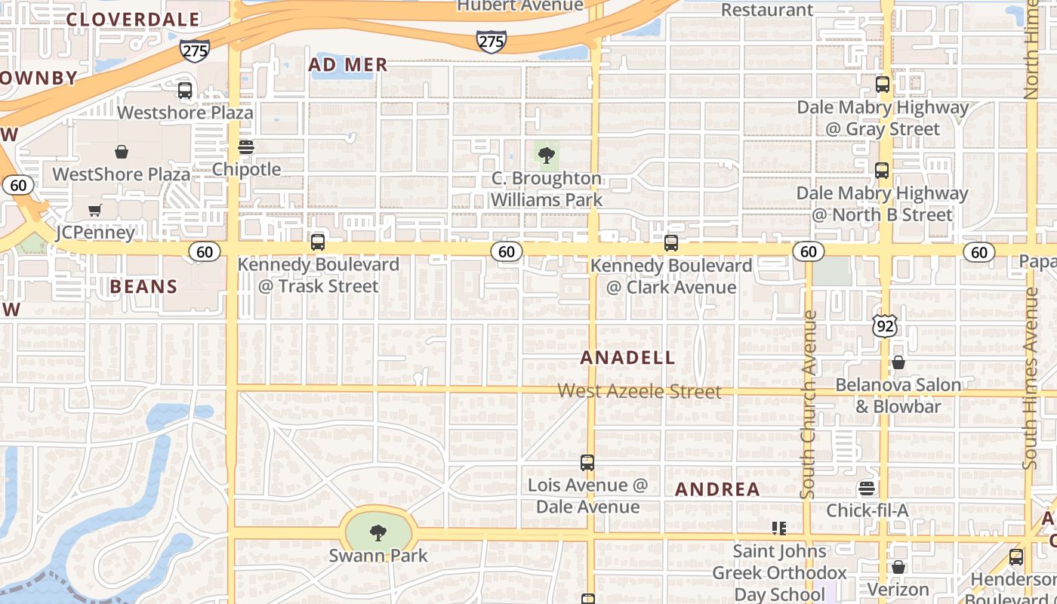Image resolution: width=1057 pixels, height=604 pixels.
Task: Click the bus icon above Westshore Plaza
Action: [185, 91]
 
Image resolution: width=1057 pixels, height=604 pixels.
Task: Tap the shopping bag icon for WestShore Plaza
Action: [121, 153]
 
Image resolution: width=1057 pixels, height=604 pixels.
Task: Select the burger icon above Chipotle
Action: [246, 147]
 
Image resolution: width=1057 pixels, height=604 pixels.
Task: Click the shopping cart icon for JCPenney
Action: [94, 210]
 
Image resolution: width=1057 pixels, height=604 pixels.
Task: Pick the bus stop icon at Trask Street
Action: [318, 242]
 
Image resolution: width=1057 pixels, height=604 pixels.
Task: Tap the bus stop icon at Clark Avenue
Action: [671, 243]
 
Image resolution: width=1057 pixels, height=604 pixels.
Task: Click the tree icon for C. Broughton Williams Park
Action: [547, 156]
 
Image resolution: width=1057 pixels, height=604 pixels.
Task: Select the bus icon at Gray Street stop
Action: [883, 85]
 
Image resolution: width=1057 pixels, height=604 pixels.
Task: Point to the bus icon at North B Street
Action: [882, 171]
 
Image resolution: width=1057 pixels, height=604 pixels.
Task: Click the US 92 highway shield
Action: [884, 326]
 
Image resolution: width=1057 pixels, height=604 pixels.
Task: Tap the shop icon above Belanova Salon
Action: [898, 363]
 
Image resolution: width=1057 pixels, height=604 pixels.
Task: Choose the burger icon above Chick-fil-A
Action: [867, 488]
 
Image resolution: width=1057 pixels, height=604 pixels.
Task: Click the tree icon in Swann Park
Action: [378, 533]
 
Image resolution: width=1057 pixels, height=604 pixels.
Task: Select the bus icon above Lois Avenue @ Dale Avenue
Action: [587, 463]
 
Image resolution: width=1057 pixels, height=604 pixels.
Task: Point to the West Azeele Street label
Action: [639, 391]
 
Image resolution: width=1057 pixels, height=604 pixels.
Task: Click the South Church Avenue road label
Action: [809, 405]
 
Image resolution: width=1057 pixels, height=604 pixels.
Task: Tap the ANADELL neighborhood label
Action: [627, 358]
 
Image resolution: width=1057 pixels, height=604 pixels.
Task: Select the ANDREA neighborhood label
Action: [717, 489]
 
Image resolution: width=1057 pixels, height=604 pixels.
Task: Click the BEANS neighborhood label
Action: [143, 287]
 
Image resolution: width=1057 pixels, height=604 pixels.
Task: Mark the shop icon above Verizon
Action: [898, 567]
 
